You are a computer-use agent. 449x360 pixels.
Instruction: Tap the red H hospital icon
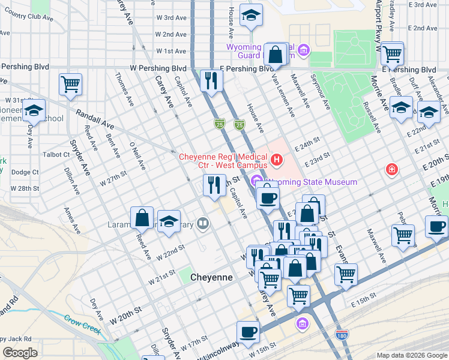tap(277, 160)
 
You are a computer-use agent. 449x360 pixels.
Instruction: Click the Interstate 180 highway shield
tap(342, 335)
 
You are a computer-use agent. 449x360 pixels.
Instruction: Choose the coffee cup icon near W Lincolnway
tap(249, 331)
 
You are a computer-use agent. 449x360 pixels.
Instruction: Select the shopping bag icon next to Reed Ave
tap(143, 218)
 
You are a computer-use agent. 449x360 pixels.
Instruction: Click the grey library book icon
tap(203, 225)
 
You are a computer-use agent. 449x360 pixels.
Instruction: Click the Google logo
tap(20, 353)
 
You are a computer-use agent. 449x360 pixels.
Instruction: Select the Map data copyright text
tap(411, 355)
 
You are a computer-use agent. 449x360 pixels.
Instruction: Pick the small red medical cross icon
tap(392, 170)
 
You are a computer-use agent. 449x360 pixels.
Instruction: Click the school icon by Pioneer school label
tap(34, 111)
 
